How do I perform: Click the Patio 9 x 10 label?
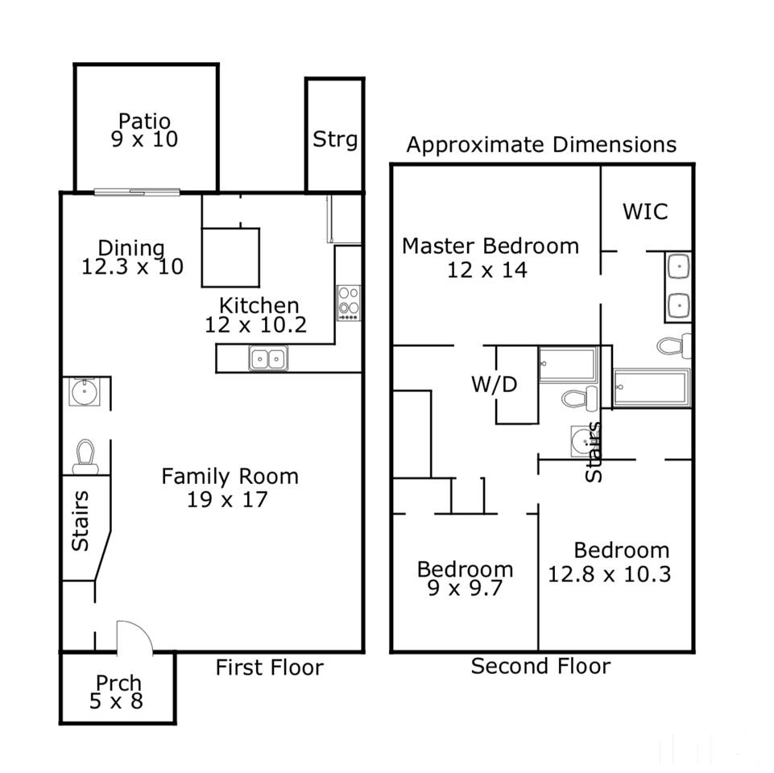pos(144,130)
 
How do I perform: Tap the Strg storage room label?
pos(335,139)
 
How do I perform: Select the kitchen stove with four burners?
pos(349,303)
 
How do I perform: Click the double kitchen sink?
pos(268,358)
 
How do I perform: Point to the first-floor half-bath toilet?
pos(85,457)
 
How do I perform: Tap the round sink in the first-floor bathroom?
pos(85,392)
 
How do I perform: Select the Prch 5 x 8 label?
pos(117,692)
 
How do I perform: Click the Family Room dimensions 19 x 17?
pos(227,499)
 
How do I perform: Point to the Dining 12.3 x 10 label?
pos(132,257)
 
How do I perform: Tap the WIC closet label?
pos(645,212)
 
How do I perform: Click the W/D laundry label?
pos(494,384)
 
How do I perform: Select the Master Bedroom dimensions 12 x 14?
pos(487,270)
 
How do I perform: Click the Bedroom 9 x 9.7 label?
pos(465,578)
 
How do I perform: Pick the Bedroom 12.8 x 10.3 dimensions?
pos(610,574)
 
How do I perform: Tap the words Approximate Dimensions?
pos(541,145)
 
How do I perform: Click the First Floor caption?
pos(270,668)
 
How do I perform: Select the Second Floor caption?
pos(540,666)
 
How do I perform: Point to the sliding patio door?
pos(137,192)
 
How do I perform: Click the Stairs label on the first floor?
pos(80,521)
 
